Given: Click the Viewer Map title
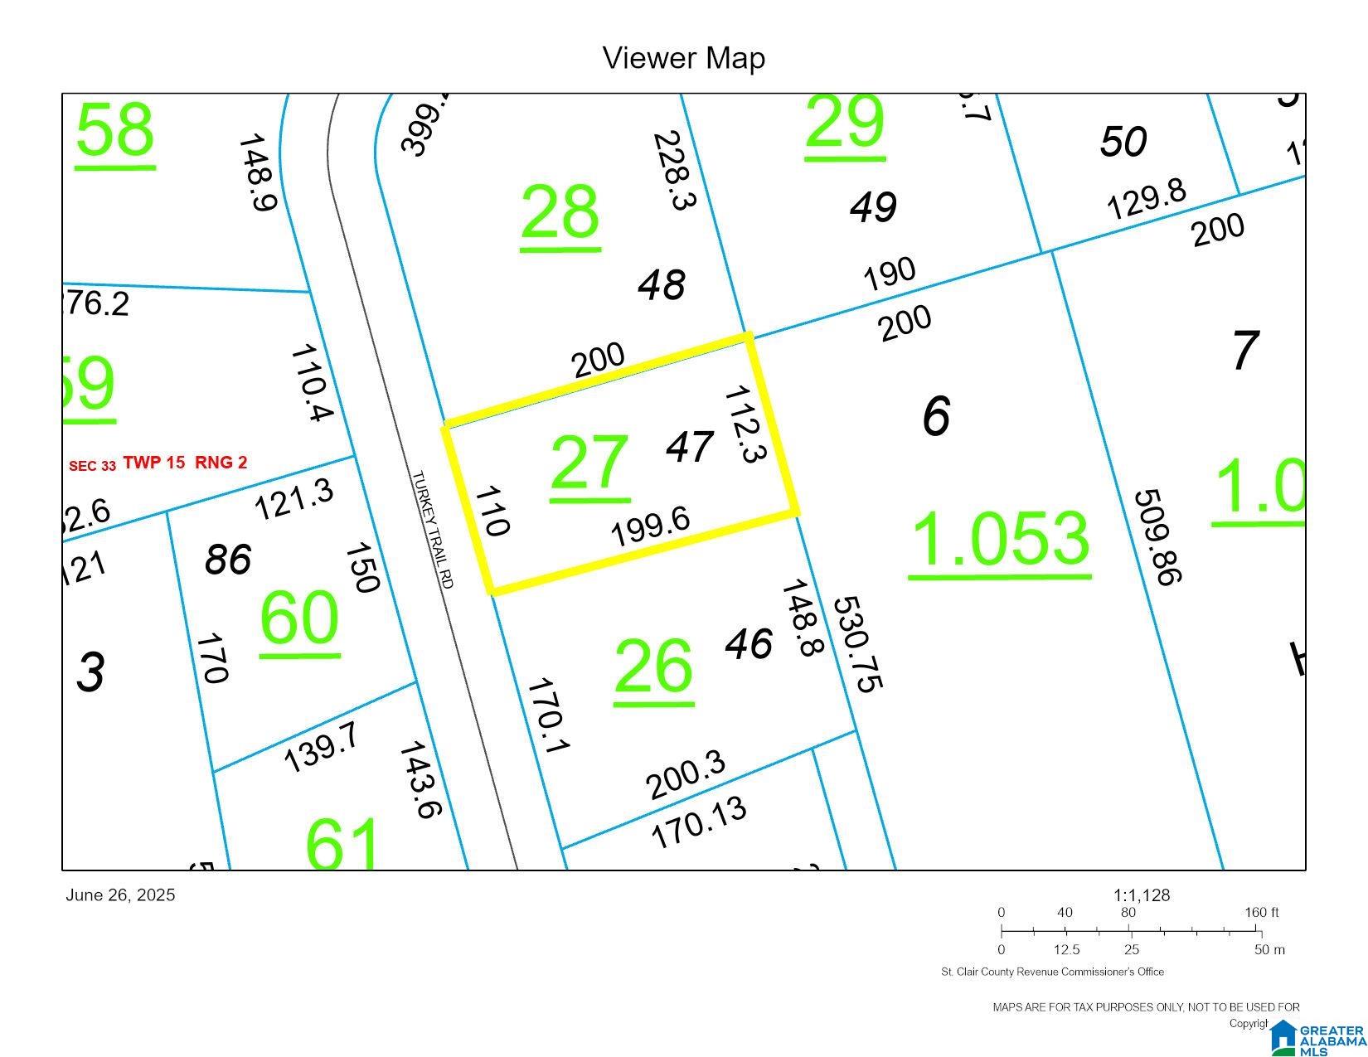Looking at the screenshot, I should (683, 58).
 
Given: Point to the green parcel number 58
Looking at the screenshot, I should (114, 130).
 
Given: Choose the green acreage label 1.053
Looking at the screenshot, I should (999, 539).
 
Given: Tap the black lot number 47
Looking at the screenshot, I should (690, 448).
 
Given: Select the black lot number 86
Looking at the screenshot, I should (228, 559).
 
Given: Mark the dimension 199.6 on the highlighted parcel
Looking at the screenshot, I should (650, 527).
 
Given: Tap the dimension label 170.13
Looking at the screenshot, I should (699, 822).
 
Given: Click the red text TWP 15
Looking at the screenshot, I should (154, 463).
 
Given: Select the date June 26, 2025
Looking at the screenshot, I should (120, 895).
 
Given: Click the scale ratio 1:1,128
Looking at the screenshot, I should (1141, 895).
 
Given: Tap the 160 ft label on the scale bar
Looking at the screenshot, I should (1261, 913).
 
